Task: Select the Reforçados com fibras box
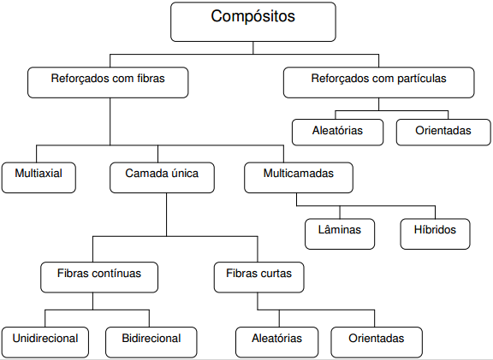click(108, 82)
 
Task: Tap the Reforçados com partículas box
click(378, 82)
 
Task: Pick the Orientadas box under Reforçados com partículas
click(443, 132)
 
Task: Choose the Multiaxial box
click(38, 176)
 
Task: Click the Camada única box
click(162, 176)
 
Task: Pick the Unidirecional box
click(45, 341)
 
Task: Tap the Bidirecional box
click(151, 341)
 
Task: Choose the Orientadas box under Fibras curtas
click(377, 341)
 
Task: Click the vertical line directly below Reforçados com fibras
click(109, 120)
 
